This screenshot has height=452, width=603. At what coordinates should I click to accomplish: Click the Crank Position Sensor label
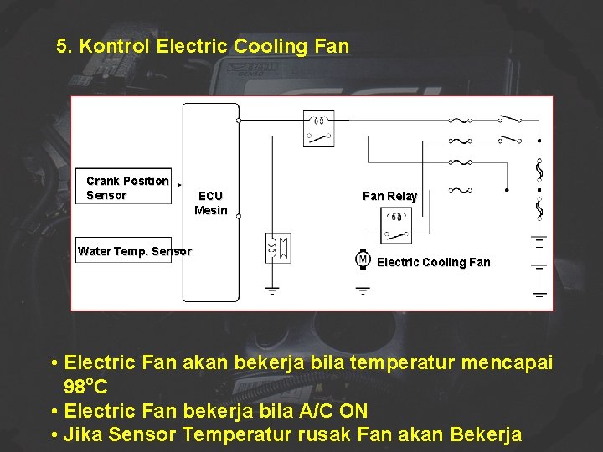[x=127, y=188]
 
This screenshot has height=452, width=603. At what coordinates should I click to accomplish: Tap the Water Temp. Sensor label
[x=134, y=251]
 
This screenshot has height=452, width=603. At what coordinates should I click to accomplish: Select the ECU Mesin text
[x=210, y=203]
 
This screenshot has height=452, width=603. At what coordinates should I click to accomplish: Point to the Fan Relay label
[x=389, y=196]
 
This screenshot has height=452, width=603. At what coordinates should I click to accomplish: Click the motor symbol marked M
[x=363, y=259]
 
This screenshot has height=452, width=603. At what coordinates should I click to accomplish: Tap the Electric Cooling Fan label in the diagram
[x=433, y=262]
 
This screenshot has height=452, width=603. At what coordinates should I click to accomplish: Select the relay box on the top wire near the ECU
[x=318, y=127]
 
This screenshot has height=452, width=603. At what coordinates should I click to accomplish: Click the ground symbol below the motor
[x=363, y=290]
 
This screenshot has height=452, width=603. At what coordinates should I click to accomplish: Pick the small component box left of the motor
[x=277, y=248]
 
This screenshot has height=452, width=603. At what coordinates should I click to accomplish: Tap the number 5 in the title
[x=61, y=46]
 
